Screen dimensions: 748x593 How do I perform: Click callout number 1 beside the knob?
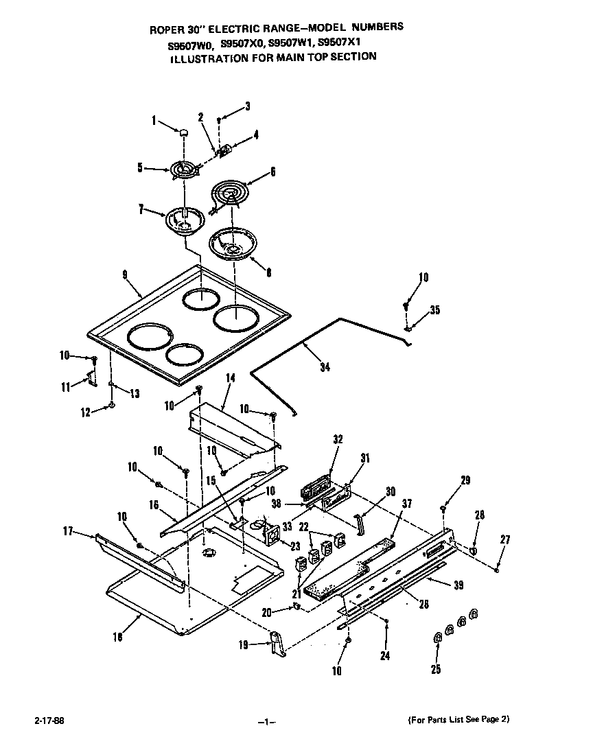pyautogui.click(x=154, y=121)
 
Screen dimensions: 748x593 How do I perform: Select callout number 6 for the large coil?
pyautogui.click(x=272, y=173)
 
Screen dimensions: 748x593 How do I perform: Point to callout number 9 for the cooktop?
pyautogui.click(x=126, y=274)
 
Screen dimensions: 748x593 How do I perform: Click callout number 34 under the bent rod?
pyautogui.click(x=325, y=368)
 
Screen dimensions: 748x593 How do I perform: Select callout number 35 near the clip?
pyautogui.click(x=434, y=310)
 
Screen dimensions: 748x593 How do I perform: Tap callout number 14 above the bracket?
pyautogui.click(x=230, y=377)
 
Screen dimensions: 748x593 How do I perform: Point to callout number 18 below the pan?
pyautogui.click(x=117, y=637)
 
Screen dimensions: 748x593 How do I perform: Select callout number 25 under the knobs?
pyautogui.click(x=435, y=668)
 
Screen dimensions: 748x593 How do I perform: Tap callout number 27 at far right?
pyautogui.click(x=505, y=541)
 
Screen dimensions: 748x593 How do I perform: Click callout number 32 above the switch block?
pyautogui.click(x=337, y=439)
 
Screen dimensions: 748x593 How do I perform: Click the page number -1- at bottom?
pyautogui.click(x=267, y=721)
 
